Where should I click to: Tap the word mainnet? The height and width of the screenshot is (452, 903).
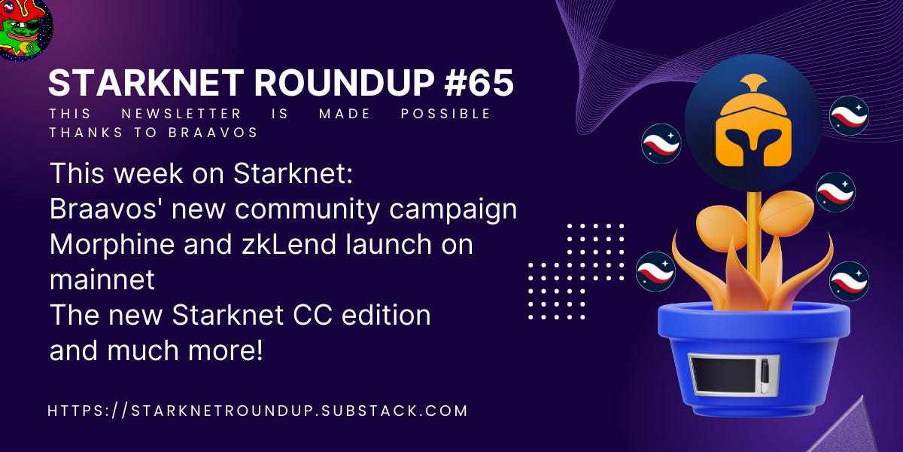[102, 279]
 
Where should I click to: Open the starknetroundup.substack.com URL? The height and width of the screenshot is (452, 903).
[257, 411]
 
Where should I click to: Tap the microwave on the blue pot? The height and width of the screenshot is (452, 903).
[734, 374]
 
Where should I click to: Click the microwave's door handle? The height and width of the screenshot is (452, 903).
[765, 374]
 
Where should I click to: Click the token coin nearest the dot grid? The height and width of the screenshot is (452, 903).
[655, 271]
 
